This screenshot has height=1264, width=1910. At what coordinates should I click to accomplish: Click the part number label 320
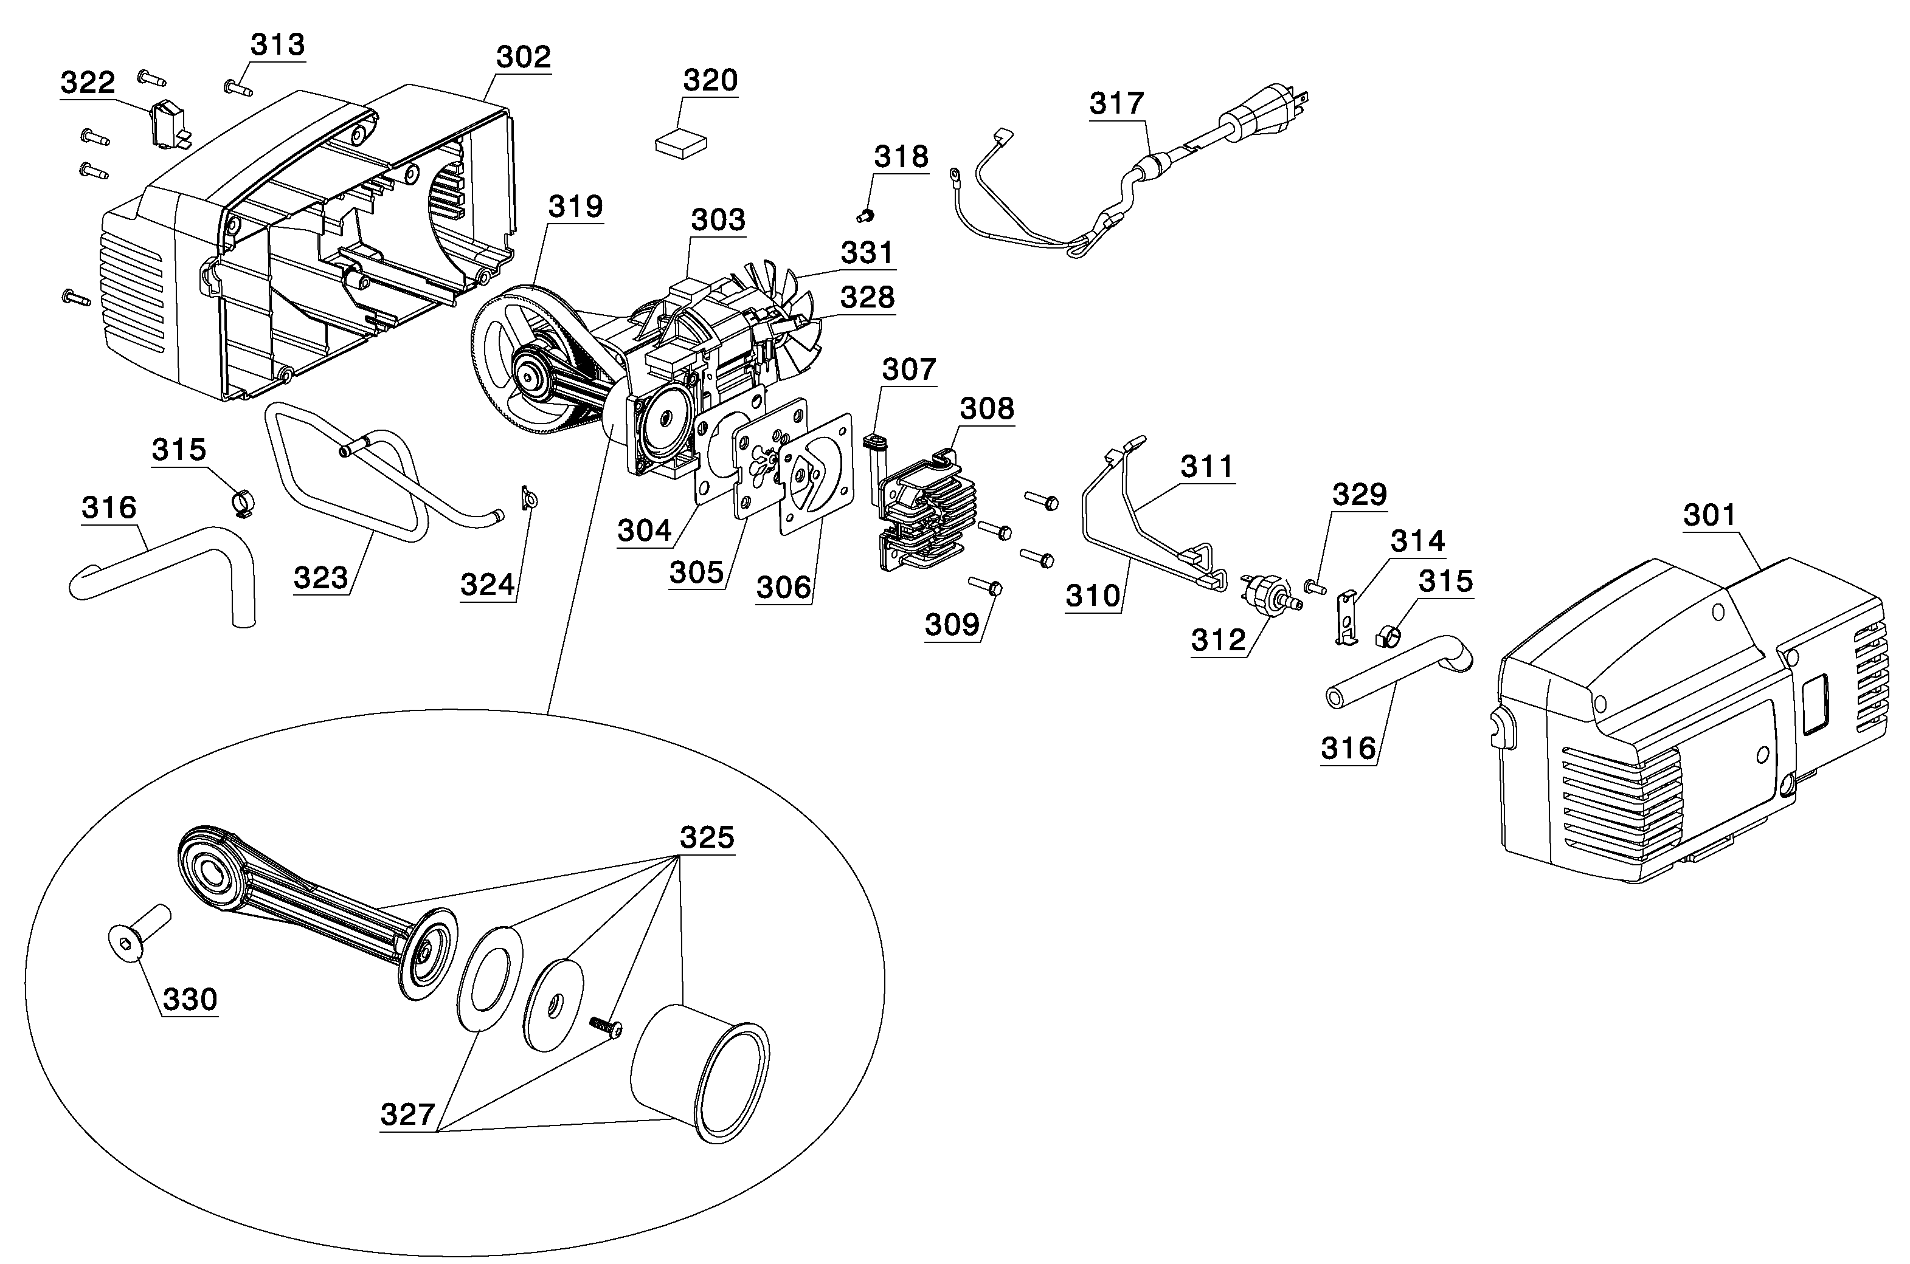(710, 81)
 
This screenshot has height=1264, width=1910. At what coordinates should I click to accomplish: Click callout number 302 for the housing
(523, 57)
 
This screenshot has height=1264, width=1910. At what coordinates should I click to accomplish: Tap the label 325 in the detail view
(707, 837)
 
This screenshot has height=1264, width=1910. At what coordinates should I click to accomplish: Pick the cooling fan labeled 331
(786, 323)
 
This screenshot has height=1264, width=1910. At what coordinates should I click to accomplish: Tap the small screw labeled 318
(865, 215)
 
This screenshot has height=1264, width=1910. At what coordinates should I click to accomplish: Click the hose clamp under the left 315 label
(240, 502)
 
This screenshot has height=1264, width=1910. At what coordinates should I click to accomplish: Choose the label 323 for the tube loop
(320, 578)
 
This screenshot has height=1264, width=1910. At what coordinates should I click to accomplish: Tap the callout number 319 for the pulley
(575, 207)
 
